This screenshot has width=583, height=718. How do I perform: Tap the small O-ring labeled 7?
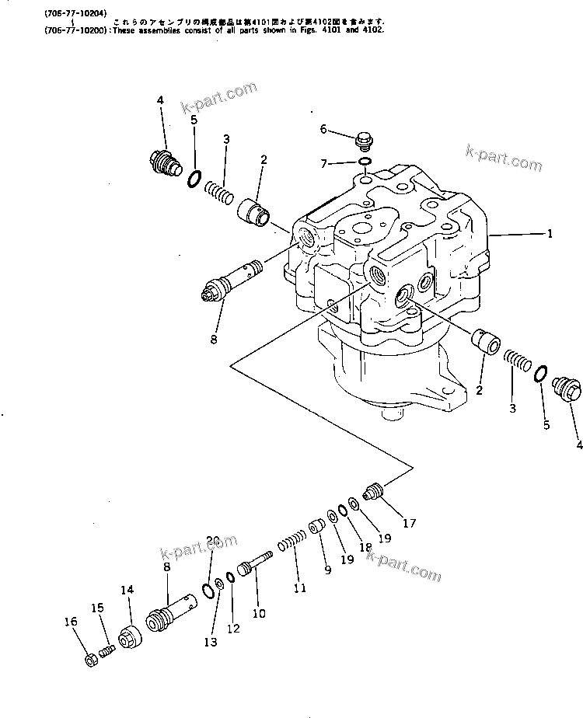364,163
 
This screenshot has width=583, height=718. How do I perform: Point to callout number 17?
408,523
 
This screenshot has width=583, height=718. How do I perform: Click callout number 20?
213,541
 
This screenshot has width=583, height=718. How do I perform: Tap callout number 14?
127,591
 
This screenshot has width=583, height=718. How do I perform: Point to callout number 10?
259,613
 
